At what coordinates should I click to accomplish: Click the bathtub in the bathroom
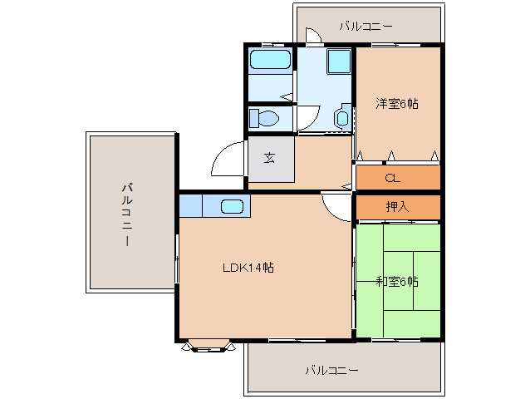tap(270, 60)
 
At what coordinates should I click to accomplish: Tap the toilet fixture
tap(264, 118)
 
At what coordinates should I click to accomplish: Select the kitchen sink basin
tap(233, 206)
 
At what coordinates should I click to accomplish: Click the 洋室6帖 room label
tap(397, 103)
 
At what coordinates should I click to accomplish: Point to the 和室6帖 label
tap(397, 281)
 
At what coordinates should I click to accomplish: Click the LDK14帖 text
tap(248, 268)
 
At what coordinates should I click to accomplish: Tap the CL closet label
tap(393, 178)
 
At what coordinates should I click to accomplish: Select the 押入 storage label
tap(397, 206)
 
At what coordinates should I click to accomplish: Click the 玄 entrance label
tap(269, 158)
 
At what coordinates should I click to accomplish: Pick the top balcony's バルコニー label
tap(366, 26)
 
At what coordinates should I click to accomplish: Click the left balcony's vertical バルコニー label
tap(127, 214)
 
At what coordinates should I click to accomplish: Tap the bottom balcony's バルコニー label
tap(332, 370)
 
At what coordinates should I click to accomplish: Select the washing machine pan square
tap(339, 62)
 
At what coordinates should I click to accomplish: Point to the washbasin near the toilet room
tap(343, 117)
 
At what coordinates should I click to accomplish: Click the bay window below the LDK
tap(209, 346)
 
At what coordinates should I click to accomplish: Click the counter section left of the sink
tap(190, 205)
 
